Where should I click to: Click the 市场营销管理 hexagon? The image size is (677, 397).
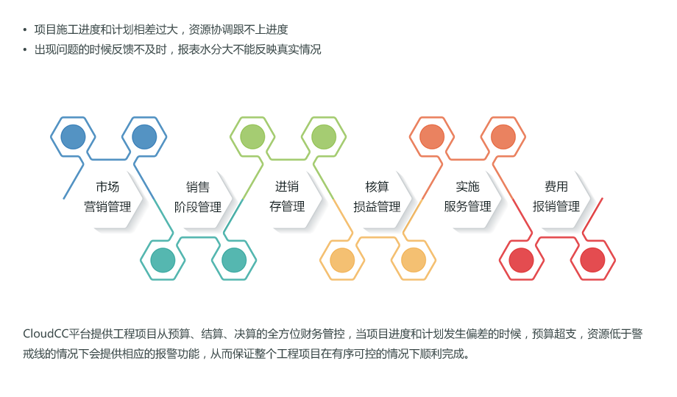108,197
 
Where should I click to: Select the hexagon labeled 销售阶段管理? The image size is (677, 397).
198,197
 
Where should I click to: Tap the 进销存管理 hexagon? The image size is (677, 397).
287,197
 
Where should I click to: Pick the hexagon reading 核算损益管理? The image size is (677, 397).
377,197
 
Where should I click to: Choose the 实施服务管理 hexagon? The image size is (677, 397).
467,197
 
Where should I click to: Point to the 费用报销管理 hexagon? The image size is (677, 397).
556,197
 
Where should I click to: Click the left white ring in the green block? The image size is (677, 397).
252,137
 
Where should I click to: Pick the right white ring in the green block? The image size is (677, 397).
322,137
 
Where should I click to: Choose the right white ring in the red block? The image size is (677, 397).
592,258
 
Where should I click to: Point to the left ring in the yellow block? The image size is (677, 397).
341,258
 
